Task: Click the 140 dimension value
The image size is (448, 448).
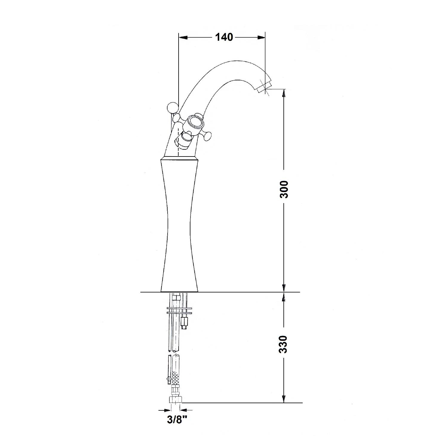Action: pos(224,37)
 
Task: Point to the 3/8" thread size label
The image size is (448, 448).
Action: pos(177,420)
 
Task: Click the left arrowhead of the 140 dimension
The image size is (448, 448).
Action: pos(183,37)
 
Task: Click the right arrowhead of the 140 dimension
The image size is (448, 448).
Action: pos(261,37)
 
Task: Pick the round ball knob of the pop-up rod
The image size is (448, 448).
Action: pos(173,108)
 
